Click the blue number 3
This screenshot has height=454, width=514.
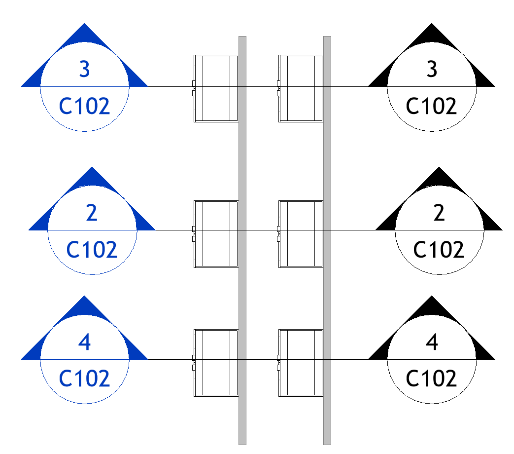click(x=85, y=69)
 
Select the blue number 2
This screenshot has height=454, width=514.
click(x=92, y=213)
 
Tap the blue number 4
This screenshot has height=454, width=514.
click(x=85, y=342)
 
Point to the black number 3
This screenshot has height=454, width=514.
click(x=432, y=69)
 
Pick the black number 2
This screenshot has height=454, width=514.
click(x=439, y=213)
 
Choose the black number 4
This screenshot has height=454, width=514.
click(x=432, y=342)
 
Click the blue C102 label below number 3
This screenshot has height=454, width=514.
click(x=84, y=106)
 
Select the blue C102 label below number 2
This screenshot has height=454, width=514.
click(x=92, y=250)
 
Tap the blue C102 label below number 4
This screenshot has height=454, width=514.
click(x=84, y=378)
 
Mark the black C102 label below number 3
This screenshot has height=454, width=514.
click(x=432, y=106)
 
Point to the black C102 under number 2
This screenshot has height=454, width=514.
click(x=439, y=250)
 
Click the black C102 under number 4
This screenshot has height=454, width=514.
click(x=432, y=378)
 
